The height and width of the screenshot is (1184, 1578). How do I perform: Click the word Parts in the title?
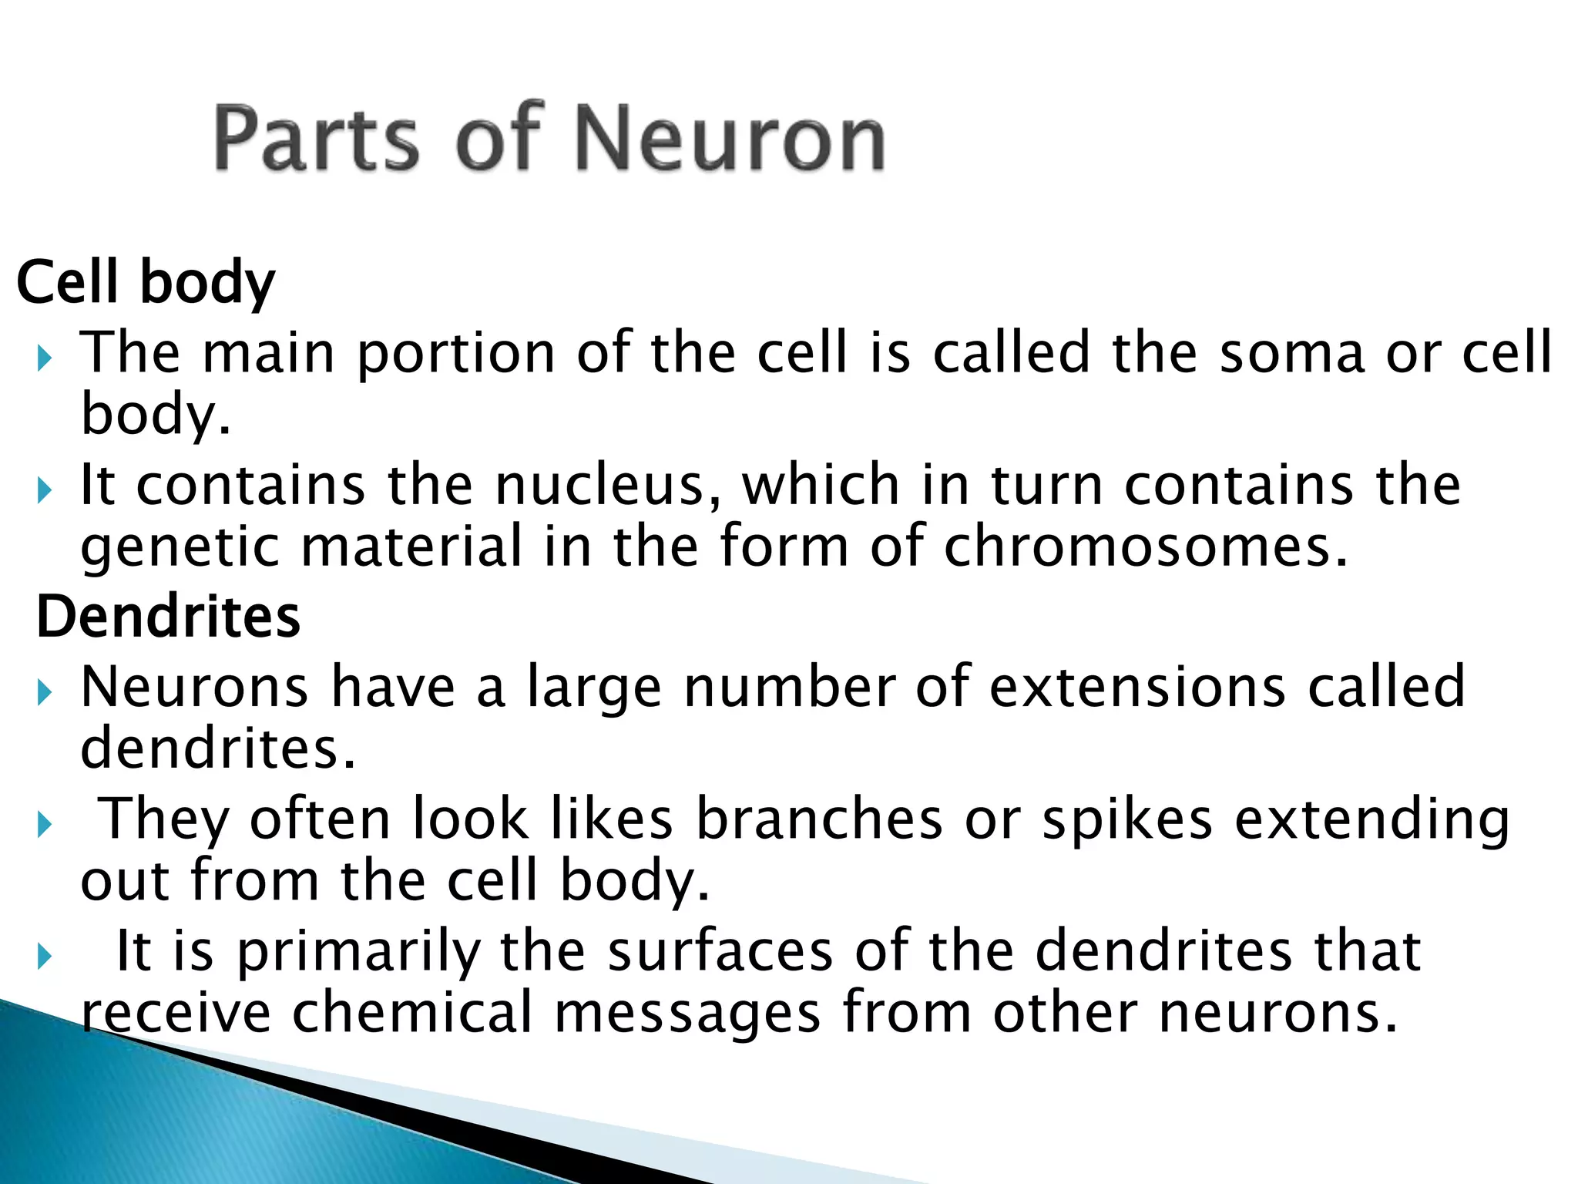[x=316, y=139]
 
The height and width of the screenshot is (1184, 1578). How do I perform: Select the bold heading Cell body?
[x=146, y=282]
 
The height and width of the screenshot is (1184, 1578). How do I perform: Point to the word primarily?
[x=359, y=953]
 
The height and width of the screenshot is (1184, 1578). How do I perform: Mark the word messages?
[x=687, y=1013]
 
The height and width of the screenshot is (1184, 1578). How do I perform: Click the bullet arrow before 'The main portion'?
[x=44, y=358]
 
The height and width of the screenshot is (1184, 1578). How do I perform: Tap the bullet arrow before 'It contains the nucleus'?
[x=44, y=490]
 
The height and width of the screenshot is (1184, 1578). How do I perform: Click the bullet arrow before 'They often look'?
[x=44, y=825]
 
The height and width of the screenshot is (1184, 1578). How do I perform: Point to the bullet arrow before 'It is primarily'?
[x=44, y=957]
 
